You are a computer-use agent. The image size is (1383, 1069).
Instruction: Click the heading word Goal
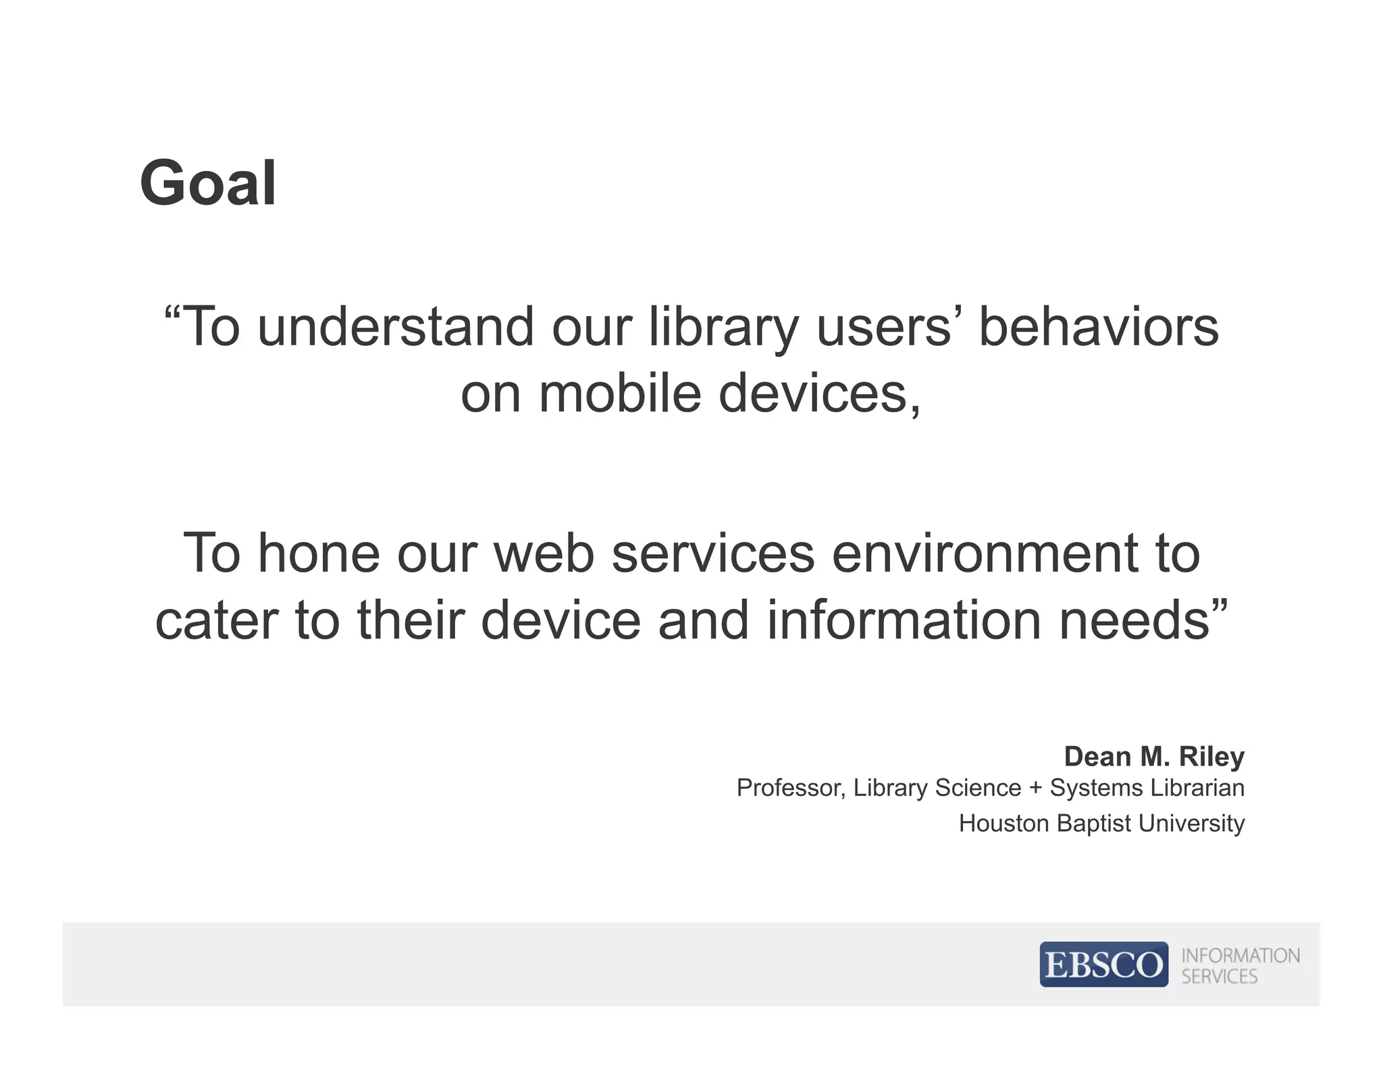coord(208,184)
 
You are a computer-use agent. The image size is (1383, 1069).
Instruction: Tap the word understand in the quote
coord(396,327)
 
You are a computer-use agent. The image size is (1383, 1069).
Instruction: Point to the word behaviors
coord(1098,327)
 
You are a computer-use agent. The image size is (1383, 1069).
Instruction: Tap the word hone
coord(319,553)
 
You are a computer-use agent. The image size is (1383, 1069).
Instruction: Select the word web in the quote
coord(544,553)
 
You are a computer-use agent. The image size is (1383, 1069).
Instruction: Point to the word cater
coord(217,621)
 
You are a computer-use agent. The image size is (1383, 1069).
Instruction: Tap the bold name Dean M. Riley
coord(1153,757)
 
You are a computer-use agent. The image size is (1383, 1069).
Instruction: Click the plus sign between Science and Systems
coord(1035,789)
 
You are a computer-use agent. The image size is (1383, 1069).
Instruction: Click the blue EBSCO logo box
coord(1103,964)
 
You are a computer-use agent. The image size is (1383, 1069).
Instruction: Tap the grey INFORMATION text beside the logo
coord(1240,955)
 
